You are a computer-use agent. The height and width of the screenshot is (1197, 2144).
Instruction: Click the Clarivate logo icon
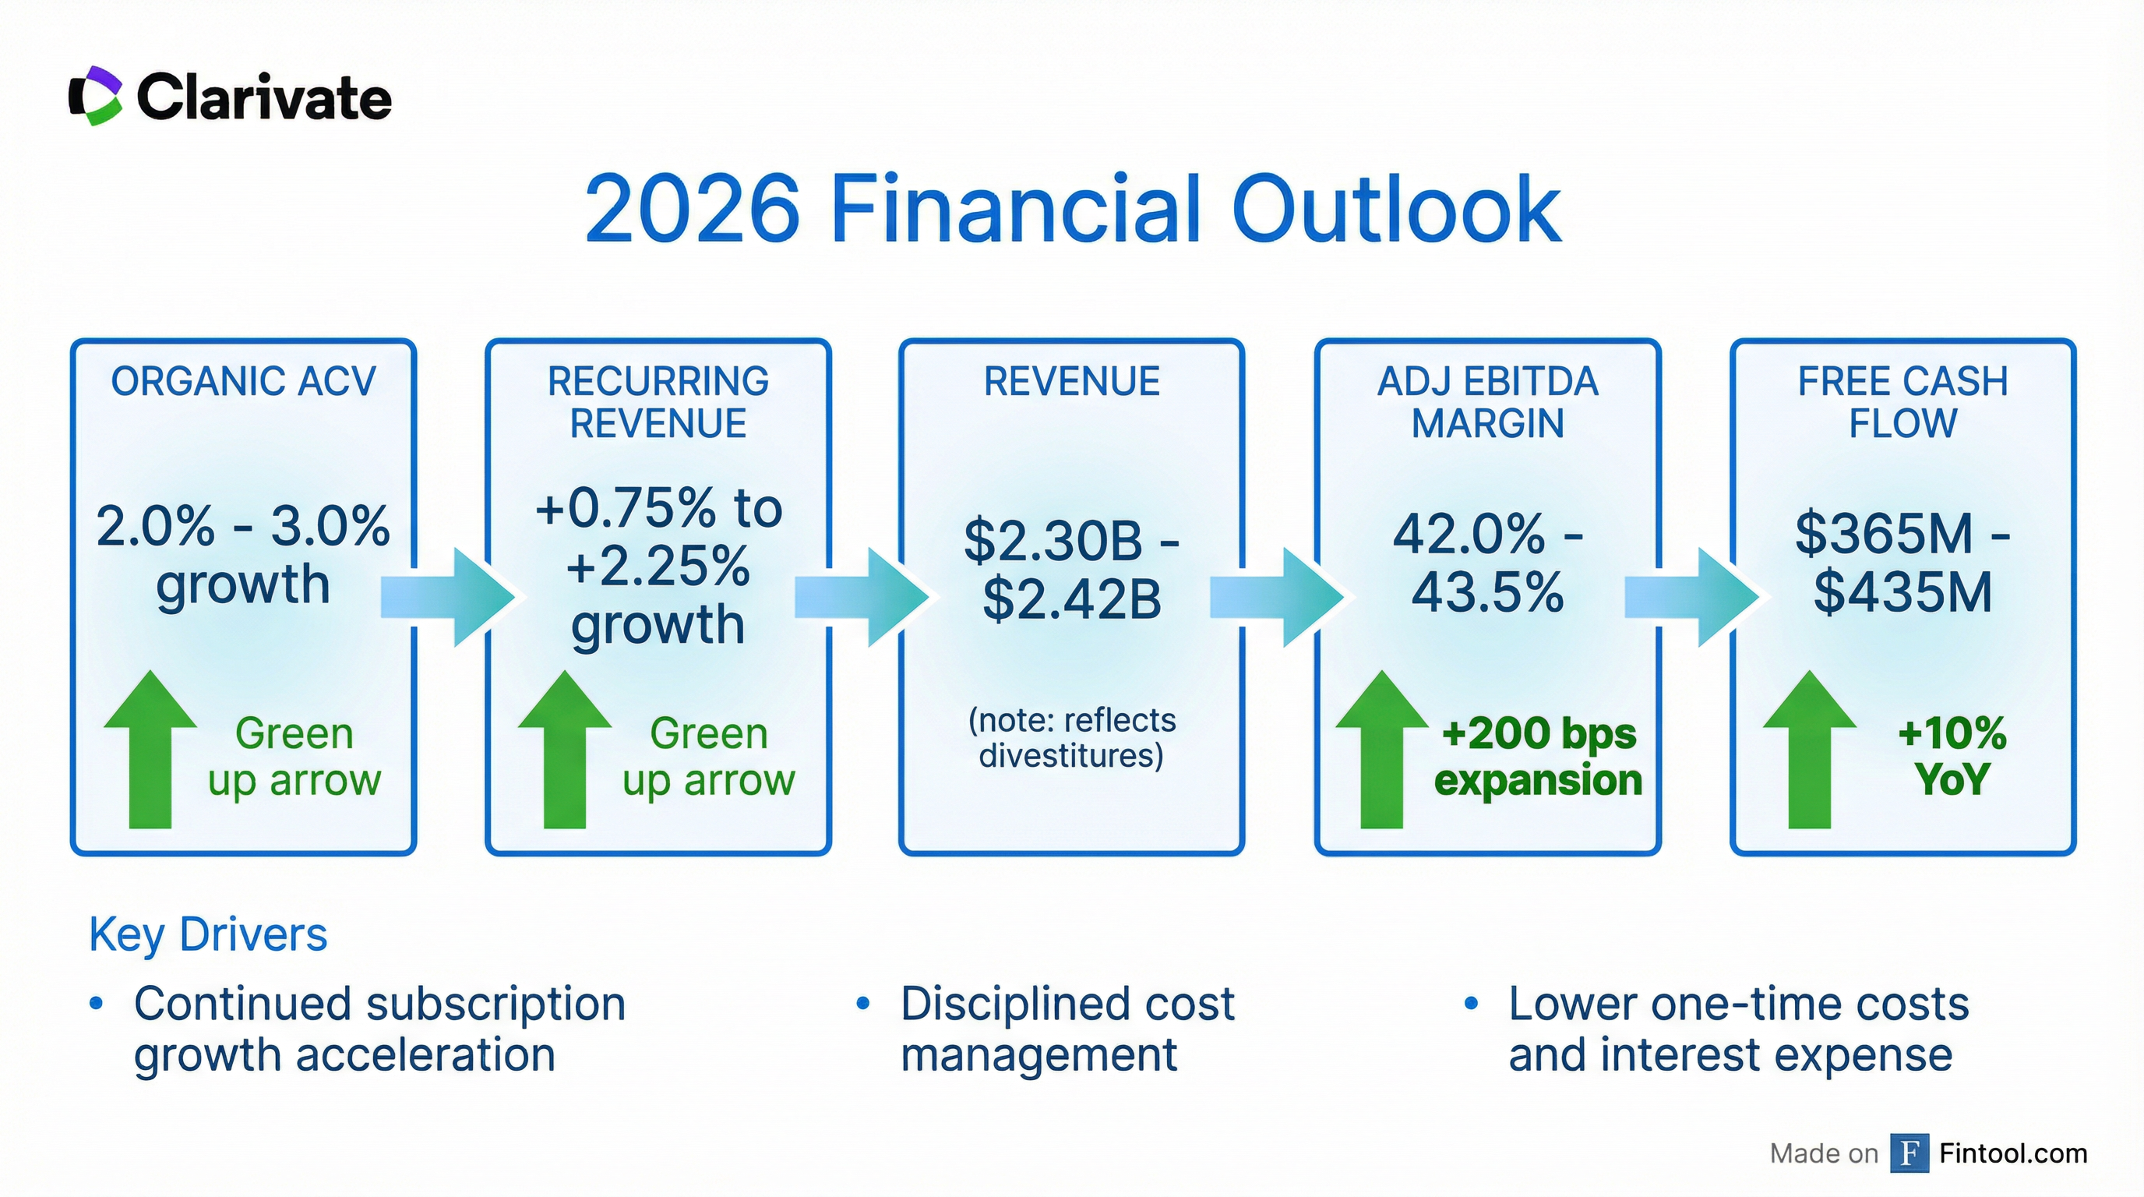(97, 97)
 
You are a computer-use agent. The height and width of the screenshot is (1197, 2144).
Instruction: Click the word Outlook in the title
(1396, 209)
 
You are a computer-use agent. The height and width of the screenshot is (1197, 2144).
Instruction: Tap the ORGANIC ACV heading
(243, 381)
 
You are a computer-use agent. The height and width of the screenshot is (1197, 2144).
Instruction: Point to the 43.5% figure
(1487, 594)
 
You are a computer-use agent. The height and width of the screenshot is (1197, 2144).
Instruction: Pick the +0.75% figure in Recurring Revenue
(624, 509)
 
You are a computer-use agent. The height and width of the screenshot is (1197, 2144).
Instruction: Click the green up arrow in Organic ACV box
(150, 748)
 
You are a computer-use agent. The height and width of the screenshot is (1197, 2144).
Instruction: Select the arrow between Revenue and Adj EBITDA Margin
(1277, 597)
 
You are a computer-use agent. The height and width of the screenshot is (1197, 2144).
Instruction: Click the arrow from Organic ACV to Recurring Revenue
(448, 597)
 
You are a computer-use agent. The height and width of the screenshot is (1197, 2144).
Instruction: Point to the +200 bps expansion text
(1538, 757)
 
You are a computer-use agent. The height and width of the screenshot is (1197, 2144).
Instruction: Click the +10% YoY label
(1952, 757)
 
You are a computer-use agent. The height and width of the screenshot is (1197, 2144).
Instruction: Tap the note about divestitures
(1071, 737)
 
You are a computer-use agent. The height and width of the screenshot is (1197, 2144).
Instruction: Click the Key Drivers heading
(208, 934)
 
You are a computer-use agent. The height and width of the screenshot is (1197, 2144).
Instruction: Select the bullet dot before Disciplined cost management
(863, 1004)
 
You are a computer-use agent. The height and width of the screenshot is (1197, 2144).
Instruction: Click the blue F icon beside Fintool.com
(1910, 1153)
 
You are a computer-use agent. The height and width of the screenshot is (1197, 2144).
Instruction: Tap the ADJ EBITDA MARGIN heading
(1487, 402)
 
